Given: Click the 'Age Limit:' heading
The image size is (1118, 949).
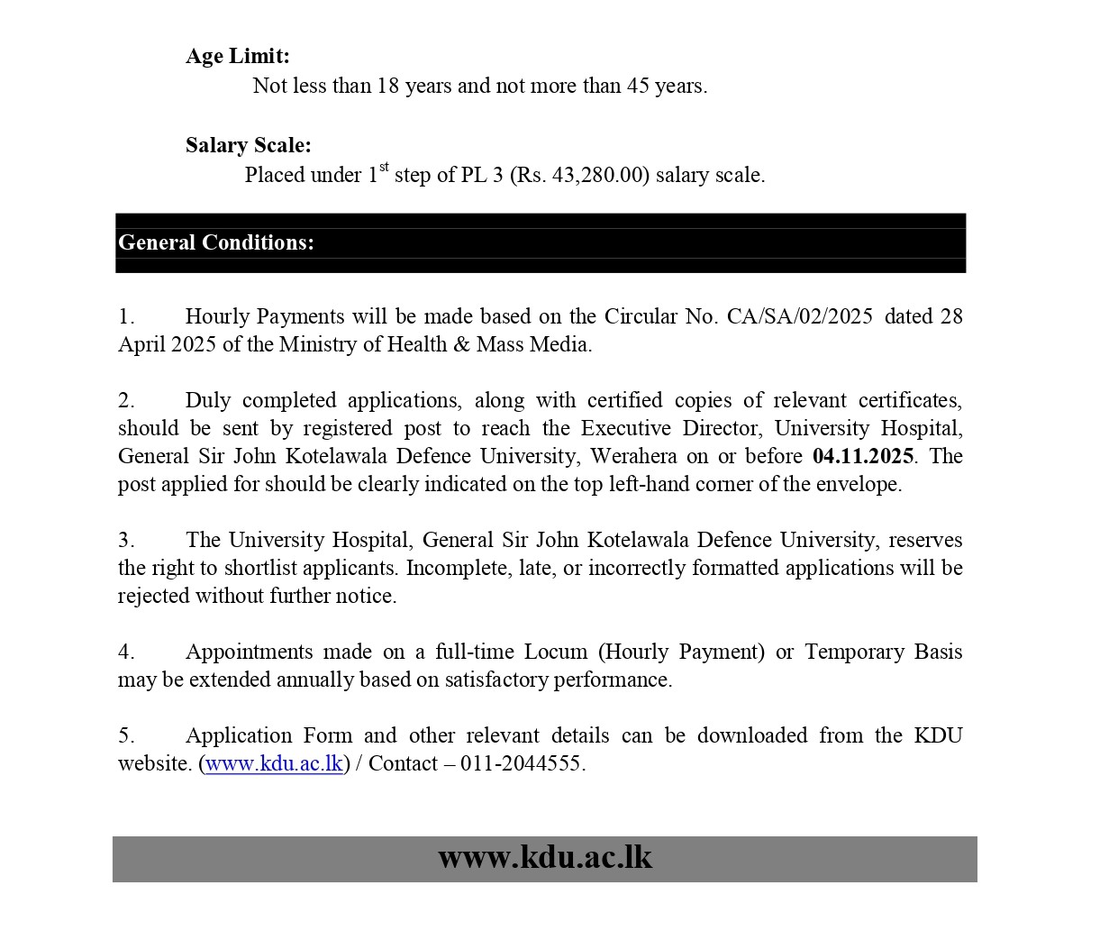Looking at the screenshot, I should pyautogui.click(x=238, y=56).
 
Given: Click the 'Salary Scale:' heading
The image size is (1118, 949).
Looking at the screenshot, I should pyautogui.click(x=249, y=145).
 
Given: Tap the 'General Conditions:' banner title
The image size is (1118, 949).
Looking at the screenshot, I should pyautogui.click(x=216, y=242).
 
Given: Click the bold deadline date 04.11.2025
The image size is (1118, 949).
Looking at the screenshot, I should pyautogui.click(x=863, y=456).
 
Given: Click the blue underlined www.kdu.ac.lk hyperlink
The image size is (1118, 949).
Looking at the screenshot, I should pyautogui.click(x=274, y=763).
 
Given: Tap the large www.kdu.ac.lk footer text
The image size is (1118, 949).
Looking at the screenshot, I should pyautogui.click(x=545, y=857).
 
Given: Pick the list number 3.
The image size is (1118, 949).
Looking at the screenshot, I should pyautogui.click(x=125, y=540).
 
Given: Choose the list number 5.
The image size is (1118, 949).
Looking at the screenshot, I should pyautogui.click(x=125, y=735).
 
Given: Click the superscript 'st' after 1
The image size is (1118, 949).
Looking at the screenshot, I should pyautogui.click(x=384, y=167).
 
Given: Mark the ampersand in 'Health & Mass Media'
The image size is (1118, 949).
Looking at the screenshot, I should pyautogui.click(x=461, y=344).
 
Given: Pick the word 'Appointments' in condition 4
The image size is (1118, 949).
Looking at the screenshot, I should pyautogui.click(x=248, y=652).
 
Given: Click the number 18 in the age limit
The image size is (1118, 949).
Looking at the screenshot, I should pyautogui.click(x=387, y=86).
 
